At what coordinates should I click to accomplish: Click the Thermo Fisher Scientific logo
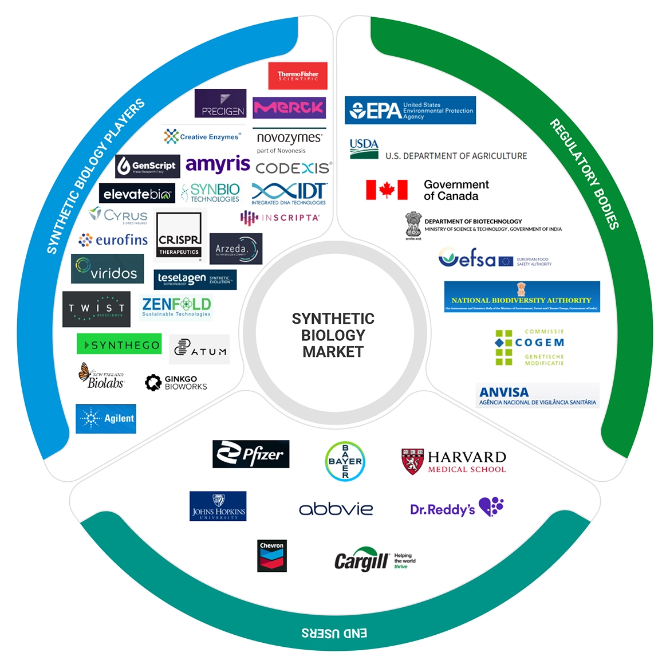298,76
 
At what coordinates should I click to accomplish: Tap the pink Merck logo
289,107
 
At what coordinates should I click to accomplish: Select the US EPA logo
410,110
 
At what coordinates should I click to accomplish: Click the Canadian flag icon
387,190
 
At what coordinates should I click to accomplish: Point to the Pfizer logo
251,454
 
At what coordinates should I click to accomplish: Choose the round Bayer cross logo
345,461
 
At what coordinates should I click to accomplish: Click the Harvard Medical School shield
412,461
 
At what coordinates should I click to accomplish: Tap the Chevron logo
271,556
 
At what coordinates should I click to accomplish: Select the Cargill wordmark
361,560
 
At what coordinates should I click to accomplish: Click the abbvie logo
336,509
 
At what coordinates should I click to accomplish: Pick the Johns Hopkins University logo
218,506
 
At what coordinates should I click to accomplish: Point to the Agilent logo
106,418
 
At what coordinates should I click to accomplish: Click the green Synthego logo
119,344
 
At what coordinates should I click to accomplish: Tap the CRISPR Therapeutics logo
179,235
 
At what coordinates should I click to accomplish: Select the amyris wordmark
218,164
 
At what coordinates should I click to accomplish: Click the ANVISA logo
537,395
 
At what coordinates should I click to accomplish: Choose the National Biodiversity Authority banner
522,297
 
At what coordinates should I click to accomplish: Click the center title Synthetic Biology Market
333,335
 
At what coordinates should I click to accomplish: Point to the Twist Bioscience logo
96,309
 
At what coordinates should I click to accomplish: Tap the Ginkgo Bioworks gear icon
153,383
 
